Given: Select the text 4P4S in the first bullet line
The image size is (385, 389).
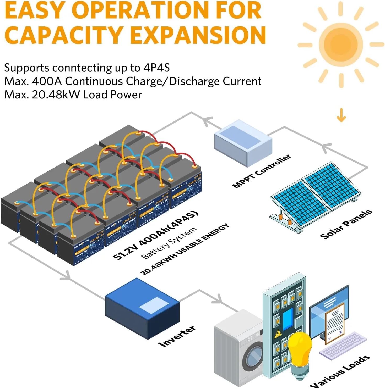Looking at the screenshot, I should point(156,68).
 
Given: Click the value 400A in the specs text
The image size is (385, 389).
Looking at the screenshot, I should point(47,81).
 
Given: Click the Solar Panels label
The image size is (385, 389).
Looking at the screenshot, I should point(346,224).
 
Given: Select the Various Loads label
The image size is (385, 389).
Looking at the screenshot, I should point(340,372).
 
